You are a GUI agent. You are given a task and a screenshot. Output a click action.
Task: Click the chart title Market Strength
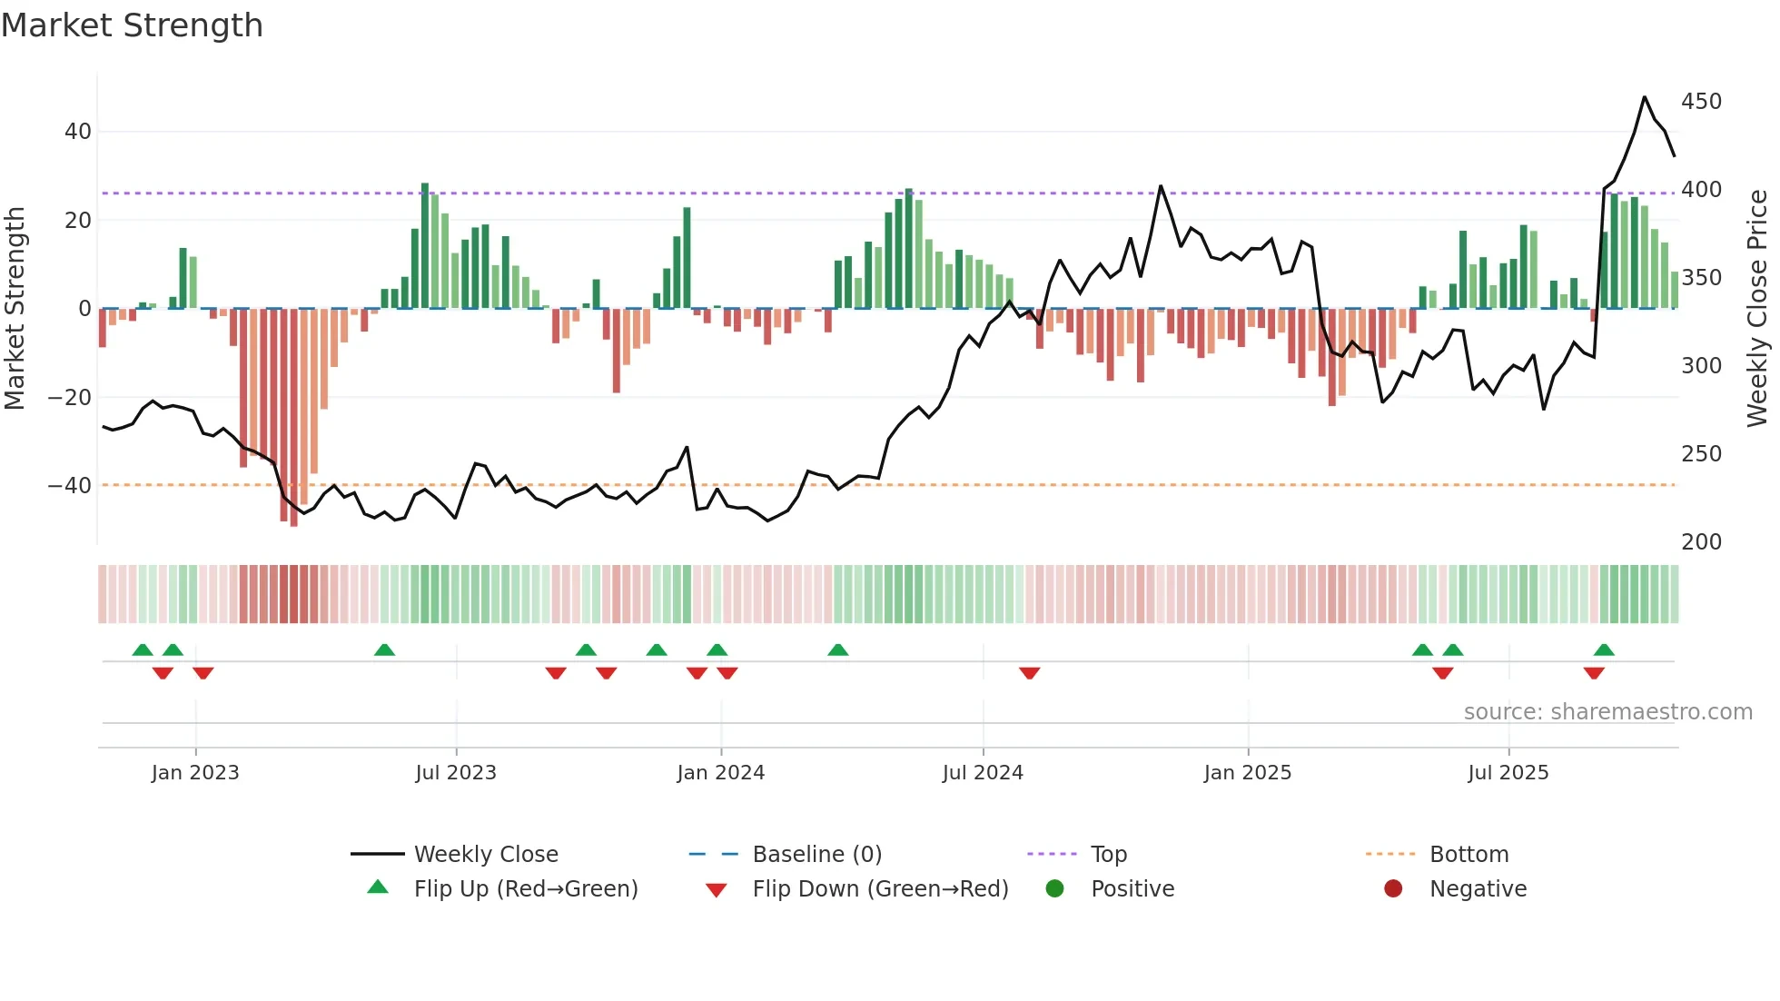point(132,25)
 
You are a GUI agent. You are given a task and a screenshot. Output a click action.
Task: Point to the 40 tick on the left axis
point(78,132)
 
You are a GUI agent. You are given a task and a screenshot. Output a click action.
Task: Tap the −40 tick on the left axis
point(71,486)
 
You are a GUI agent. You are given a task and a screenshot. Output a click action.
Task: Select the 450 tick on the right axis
point(1701,102)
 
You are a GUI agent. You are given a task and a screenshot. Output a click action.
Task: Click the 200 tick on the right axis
point(1701,542)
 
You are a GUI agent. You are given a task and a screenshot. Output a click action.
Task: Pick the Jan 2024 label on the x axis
point(720,773)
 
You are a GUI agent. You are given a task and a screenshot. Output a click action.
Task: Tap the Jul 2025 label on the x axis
point(1508,773)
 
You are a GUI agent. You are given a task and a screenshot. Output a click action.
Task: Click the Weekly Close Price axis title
point(1757,309)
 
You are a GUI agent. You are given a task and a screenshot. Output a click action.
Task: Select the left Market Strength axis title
point(15,309)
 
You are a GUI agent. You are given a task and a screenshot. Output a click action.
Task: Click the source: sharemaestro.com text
point(1607,712)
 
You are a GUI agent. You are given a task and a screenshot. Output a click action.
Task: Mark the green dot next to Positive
point(1054,889)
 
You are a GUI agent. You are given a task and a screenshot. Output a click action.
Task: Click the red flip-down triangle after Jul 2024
point(1029,673)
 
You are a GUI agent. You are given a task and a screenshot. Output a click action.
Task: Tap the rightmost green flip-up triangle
point(1604,649)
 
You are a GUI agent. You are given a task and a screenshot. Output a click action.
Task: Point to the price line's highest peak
point(1644,97)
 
